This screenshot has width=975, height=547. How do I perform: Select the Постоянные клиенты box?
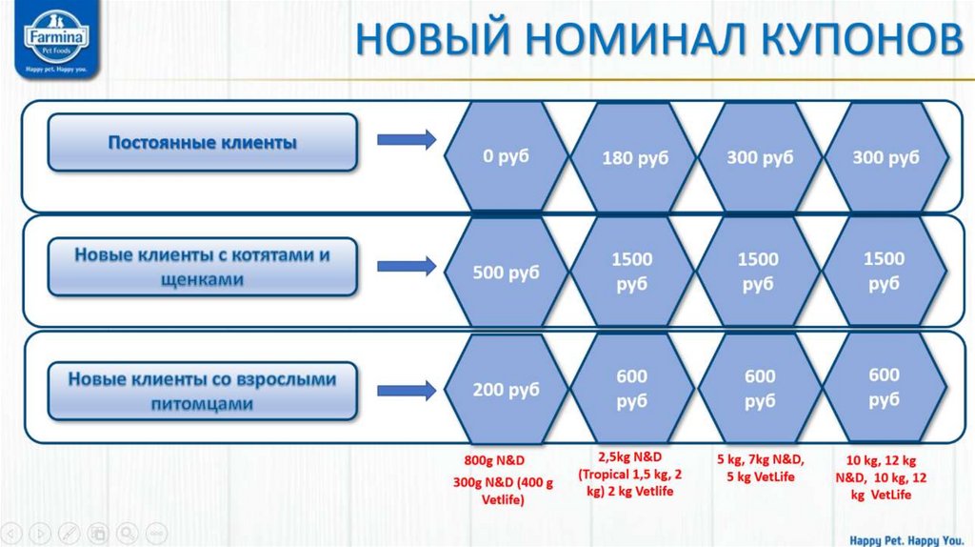coord(203,143)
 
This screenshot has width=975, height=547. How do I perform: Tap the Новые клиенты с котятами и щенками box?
coord(203,267)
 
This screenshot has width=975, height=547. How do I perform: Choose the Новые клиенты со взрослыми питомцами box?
coord(203,391)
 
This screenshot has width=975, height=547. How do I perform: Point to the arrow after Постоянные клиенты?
coord(407,141)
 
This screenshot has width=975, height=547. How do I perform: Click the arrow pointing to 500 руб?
coord(407,265)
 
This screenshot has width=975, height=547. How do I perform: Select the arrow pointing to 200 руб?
coord(407,389)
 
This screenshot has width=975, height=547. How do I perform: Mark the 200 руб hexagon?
coord(506,390)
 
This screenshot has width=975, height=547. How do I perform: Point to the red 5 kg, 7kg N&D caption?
coord(760,468)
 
